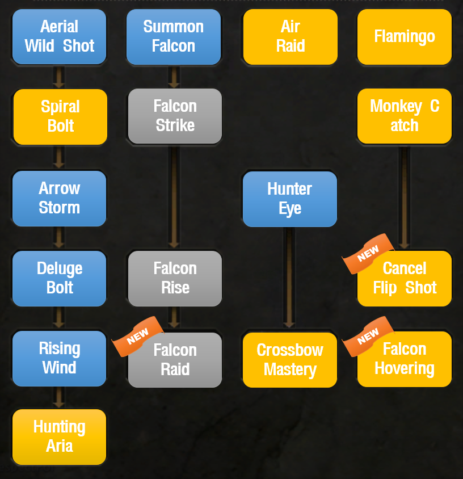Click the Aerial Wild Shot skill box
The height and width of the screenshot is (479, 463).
click(59, 37)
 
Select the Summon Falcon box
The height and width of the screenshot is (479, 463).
click(174, 37)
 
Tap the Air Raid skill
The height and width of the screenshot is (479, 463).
click(291, 37)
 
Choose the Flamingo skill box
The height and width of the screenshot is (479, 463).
click(405, 37)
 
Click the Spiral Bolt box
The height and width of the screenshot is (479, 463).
click(61, 117)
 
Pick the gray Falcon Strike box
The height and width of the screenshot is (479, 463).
click(175, 116)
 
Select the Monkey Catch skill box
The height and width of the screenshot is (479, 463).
click(405, 116)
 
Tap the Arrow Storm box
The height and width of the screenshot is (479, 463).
click(59, 199)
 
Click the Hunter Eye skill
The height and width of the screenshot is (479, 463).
click(290, 199)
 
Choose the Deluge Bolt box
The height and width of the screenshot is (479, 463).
click(59, 279)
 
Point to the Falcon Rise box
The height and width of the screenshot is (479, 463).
click(175, 279)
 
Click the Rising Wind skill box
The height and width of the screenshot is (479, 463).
click(59, 358)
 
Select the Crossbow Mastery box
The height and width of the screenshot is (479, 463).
click(290, 360)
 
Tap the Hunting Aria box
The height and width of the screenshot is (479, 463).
click(59, 437)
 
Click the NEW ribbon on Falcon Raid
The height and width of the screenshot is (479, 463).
click(137, 337)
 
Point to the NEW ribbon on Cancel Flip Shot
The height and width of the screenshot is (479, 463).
click(368, 254)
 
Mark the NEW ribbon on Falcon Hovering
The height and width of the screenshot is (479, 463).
click(368, 337)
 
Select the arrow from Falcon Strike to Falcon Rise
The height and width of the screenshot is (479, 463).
click(174, 198)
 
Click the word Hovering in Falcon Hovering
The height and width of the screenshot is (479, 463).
click(405, 368)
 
